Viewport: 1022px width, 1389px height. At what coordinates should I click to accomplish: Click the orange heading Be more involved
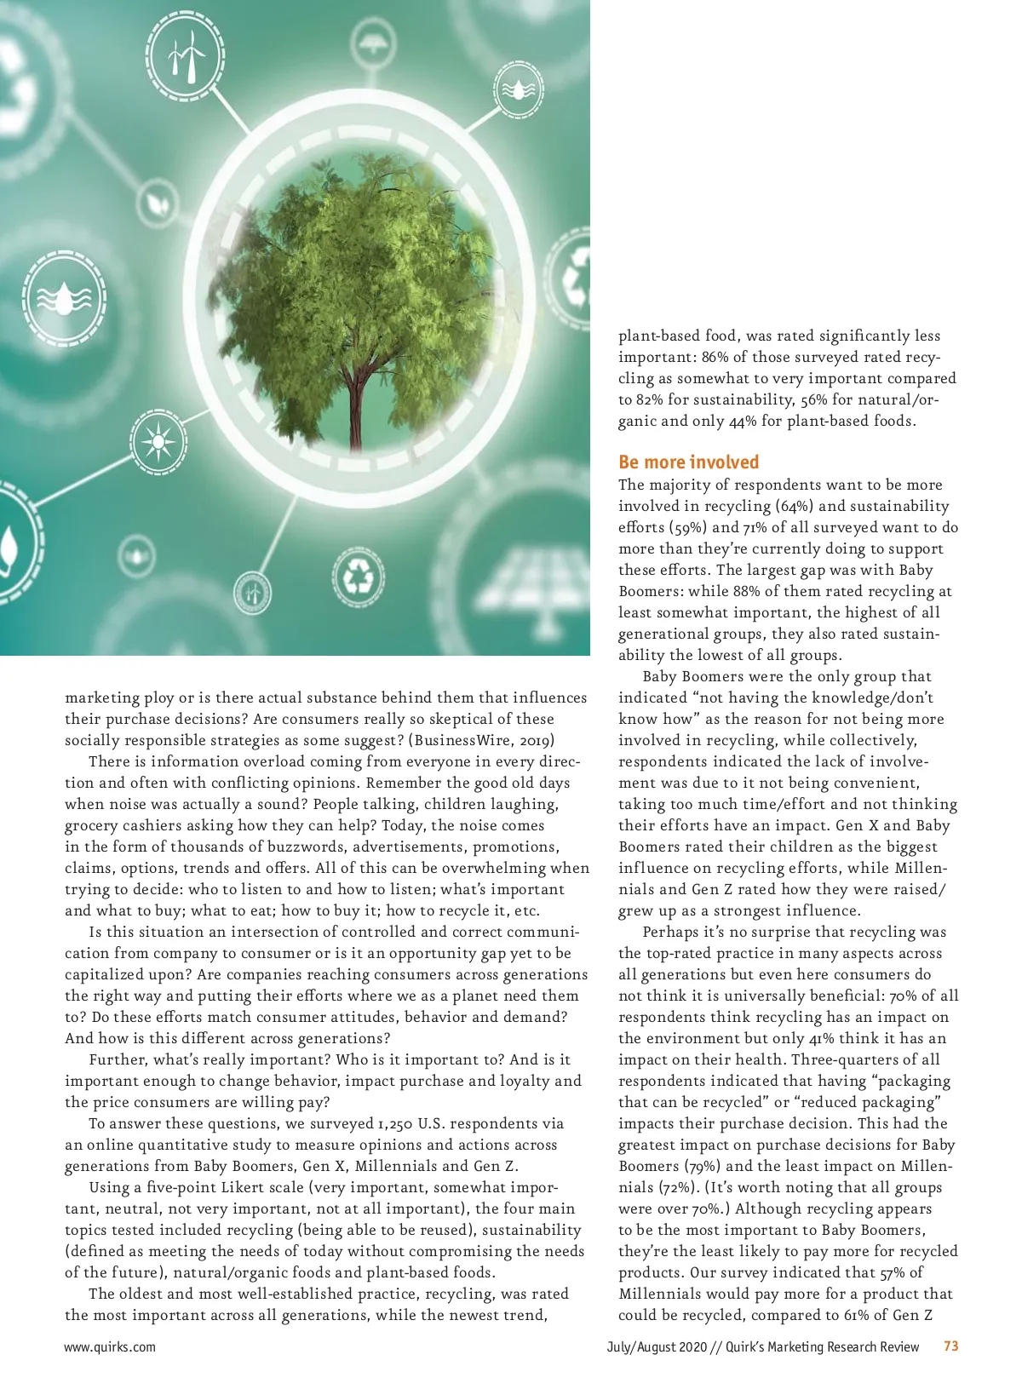(688, 462)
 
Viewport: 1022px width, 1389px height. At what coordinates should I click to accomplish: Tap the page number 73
(951, 1346)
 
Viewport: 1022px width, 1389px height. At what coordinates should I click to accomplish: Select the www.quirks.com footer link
(110, 1347)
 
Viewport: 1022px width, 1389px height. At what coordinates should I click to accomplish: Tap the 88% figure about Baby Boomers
(728, 591)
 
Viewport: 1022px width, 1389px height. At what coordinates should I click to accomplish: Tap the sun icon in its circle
(158, 443)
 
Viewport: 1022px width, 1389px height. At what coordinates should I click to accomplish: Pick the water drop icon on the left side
(65, 297)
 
